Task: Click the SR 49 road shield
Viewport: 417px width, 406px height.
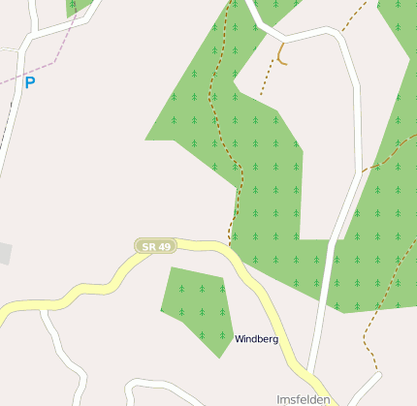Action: coord(156,247)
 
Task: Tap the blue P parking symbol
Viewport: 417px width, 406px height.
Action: coord(29,83)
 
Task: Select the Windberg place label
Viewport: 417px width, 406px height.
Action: coord(256,339)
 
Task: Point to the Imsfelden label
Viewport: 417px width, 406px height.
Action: coord(303,398)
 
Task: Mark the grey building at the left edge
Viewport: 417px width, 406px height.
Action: coord(5,254)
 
